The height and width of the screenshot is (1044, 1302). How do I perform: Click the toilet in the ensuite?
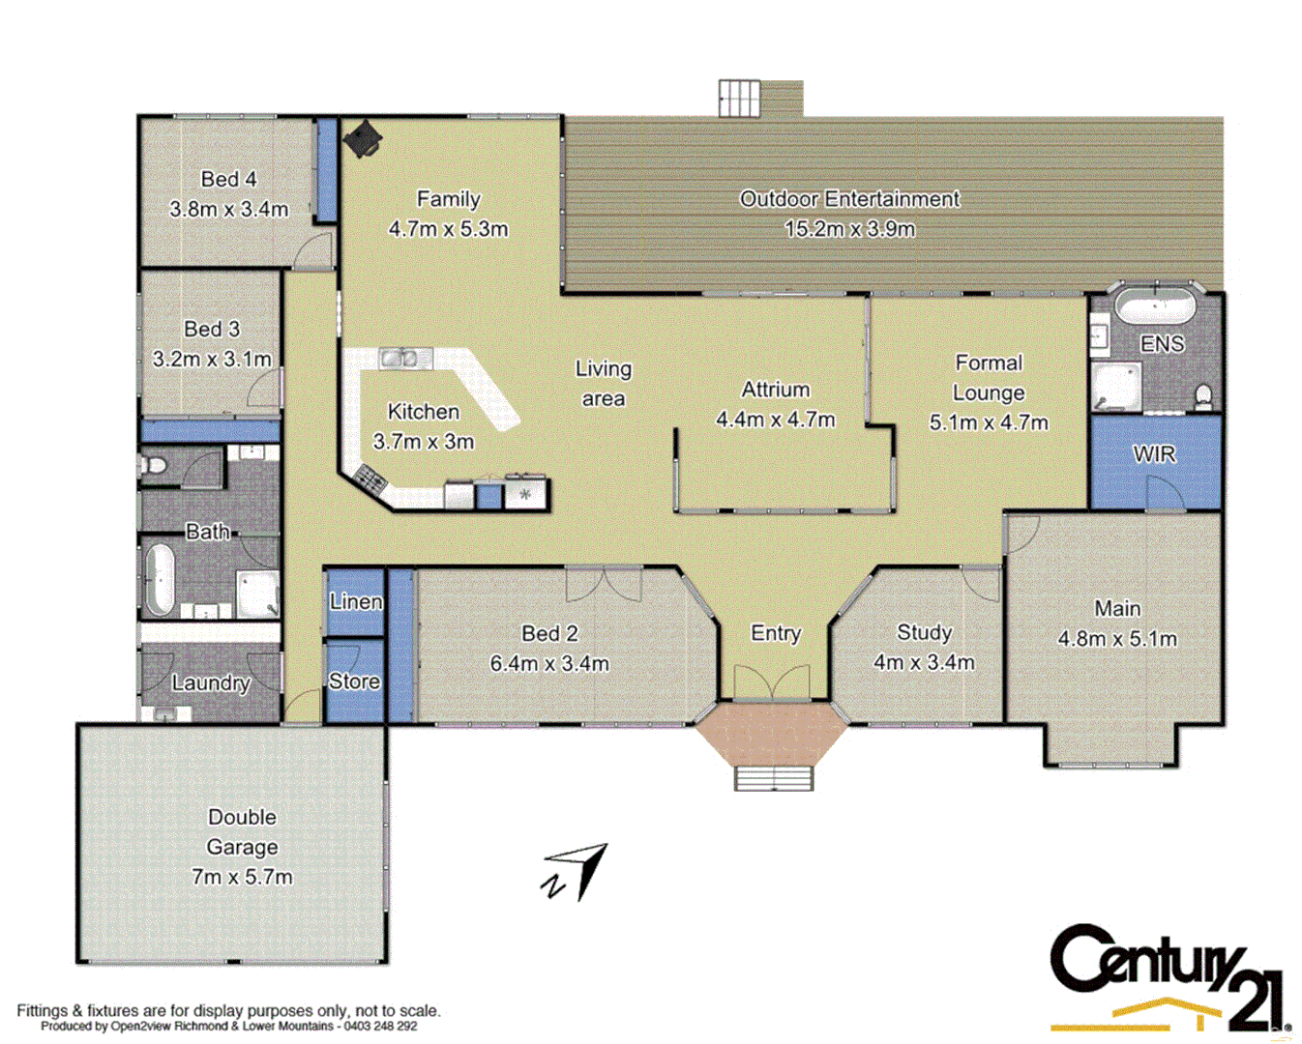pyautogui.click(x=1203, y=396)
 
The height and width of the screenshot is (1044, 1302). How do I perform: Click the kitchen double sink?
pyautogui.click(x=405, y=358)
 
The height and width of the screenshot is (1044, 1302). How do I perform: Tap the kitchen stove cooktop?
pyautogui.click(x=371, y=477)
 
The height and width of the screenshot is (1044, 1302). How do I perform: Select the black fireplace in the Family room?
pyautogui.click(x=363, y=138)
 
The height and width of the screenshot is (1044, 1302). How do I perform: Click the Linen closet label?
pyautogui.click(x=355, y=601)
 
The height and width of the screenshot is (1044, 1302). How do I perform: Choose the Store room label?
pyautogui.click(x=354, y=681)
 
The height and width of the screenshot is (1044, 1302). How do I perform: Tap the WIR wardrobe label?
pyautogui.click(x=1154, y=453)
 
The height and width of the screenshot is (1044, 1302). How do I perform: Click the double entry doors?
pyautogui.click(x=772, y=681)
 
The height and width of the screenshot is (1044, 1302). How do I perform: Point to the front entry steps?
pyautogui.click(x=773, y=777)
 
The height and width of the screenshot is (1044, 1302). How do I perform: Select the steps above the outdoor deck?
pyautogui.click(x=740, y=98)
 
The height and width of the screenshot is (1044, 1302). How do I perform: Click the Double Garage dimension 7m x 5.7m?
pyautogui.click(x=242, y=877)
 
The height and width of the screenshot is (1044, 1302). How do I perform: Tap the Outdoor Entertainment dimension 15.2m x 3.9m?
pyautogui.click(x=849, y=229)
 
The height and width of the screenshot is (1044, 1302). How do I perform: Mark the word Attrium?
pyautogui.click(x=775, y=390)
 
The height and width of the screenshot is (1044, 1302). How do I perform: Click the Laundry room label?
pyautogui.click(x=211, y=682)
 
